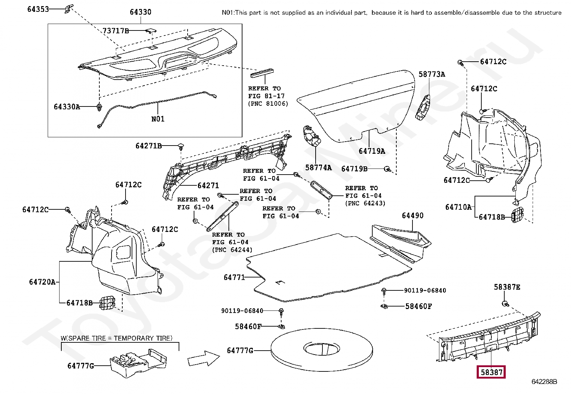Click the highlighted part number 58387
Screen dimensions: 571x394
click(x=491, y=372)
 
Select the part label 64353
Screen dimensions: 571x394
click(x=38, y=9)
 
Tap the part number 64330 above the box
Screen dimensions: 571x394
click(x=141, y=12)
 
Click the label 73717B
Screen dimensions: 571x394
click(x=116, y=31)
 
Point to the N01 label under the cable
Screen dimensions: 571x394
click(x=158, y=119)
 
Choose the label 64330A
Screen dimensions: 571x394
click(x=67, y=106)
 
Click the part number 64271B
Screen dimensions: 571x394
click(x=148, y=146)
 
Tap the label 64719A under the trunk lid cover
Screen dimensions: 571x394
click(x=372, y=151)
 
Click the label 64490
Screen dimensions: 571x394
click(x=413, y=215)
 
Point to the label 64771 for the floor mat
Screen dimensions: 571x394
click(x=234, y=277)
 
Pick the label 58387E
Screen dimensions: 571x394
click(x=507, y=287)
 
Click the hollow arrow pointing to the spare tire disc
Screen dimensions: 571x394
click(x=203, y=358)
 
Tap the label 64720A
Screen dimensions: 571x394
click(x=42, y=282)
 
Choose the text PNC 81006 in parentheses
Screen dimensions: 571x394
click(x=268, y=104)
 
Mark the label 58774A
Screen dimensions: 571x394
click(x=318, y=167)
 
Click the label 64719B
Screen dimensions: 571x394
click(x=354, y=169)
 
